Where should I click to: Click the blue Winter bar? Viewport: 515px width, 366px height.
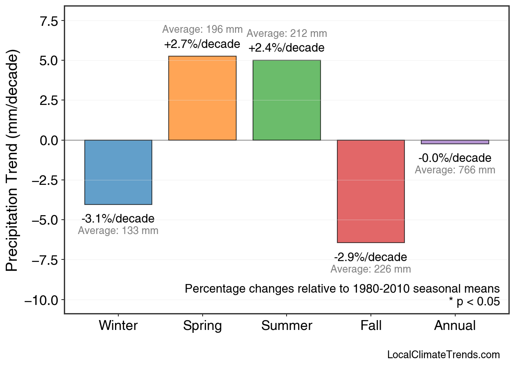pos(118,172)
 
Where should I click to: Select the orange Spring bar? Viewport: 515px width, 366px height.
pos(202,98)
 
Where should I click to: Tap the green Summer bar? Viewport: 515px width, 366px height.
pos(287,100)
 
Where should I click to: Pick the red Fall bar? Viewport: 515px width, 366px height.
pos(370,191)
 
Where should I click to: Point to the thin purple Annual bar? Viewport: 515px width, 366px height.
pos(455,142)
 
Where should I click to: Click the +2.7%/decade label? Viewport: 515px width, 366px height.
pos(202,44)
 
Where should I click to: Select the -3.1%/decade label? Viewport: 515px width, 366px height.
pos(118,218)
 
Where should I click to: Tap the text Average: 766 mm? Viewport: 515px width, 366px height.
pos(455,170)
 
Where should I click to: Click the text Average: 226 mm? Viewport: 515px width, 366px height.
pos(370,269)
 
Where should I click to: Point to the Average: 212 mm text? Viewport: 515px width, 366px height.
pos(287,34)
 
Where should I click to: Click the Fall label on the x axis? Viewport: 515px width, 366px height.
pos(371,326)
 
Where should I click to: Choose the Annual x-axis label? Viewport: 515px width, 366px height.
pos(455,326)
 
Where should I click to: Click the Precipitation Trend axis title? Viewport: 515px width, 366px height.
pos(13,161)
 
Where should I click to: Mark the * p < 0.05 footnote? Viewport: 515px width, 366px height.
pos(474,302)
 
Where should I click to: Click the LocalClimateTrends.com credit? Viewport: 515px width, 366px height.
pos(443,355)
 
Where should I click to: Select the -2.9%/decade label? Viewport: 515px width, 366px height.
pos(370,257)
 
